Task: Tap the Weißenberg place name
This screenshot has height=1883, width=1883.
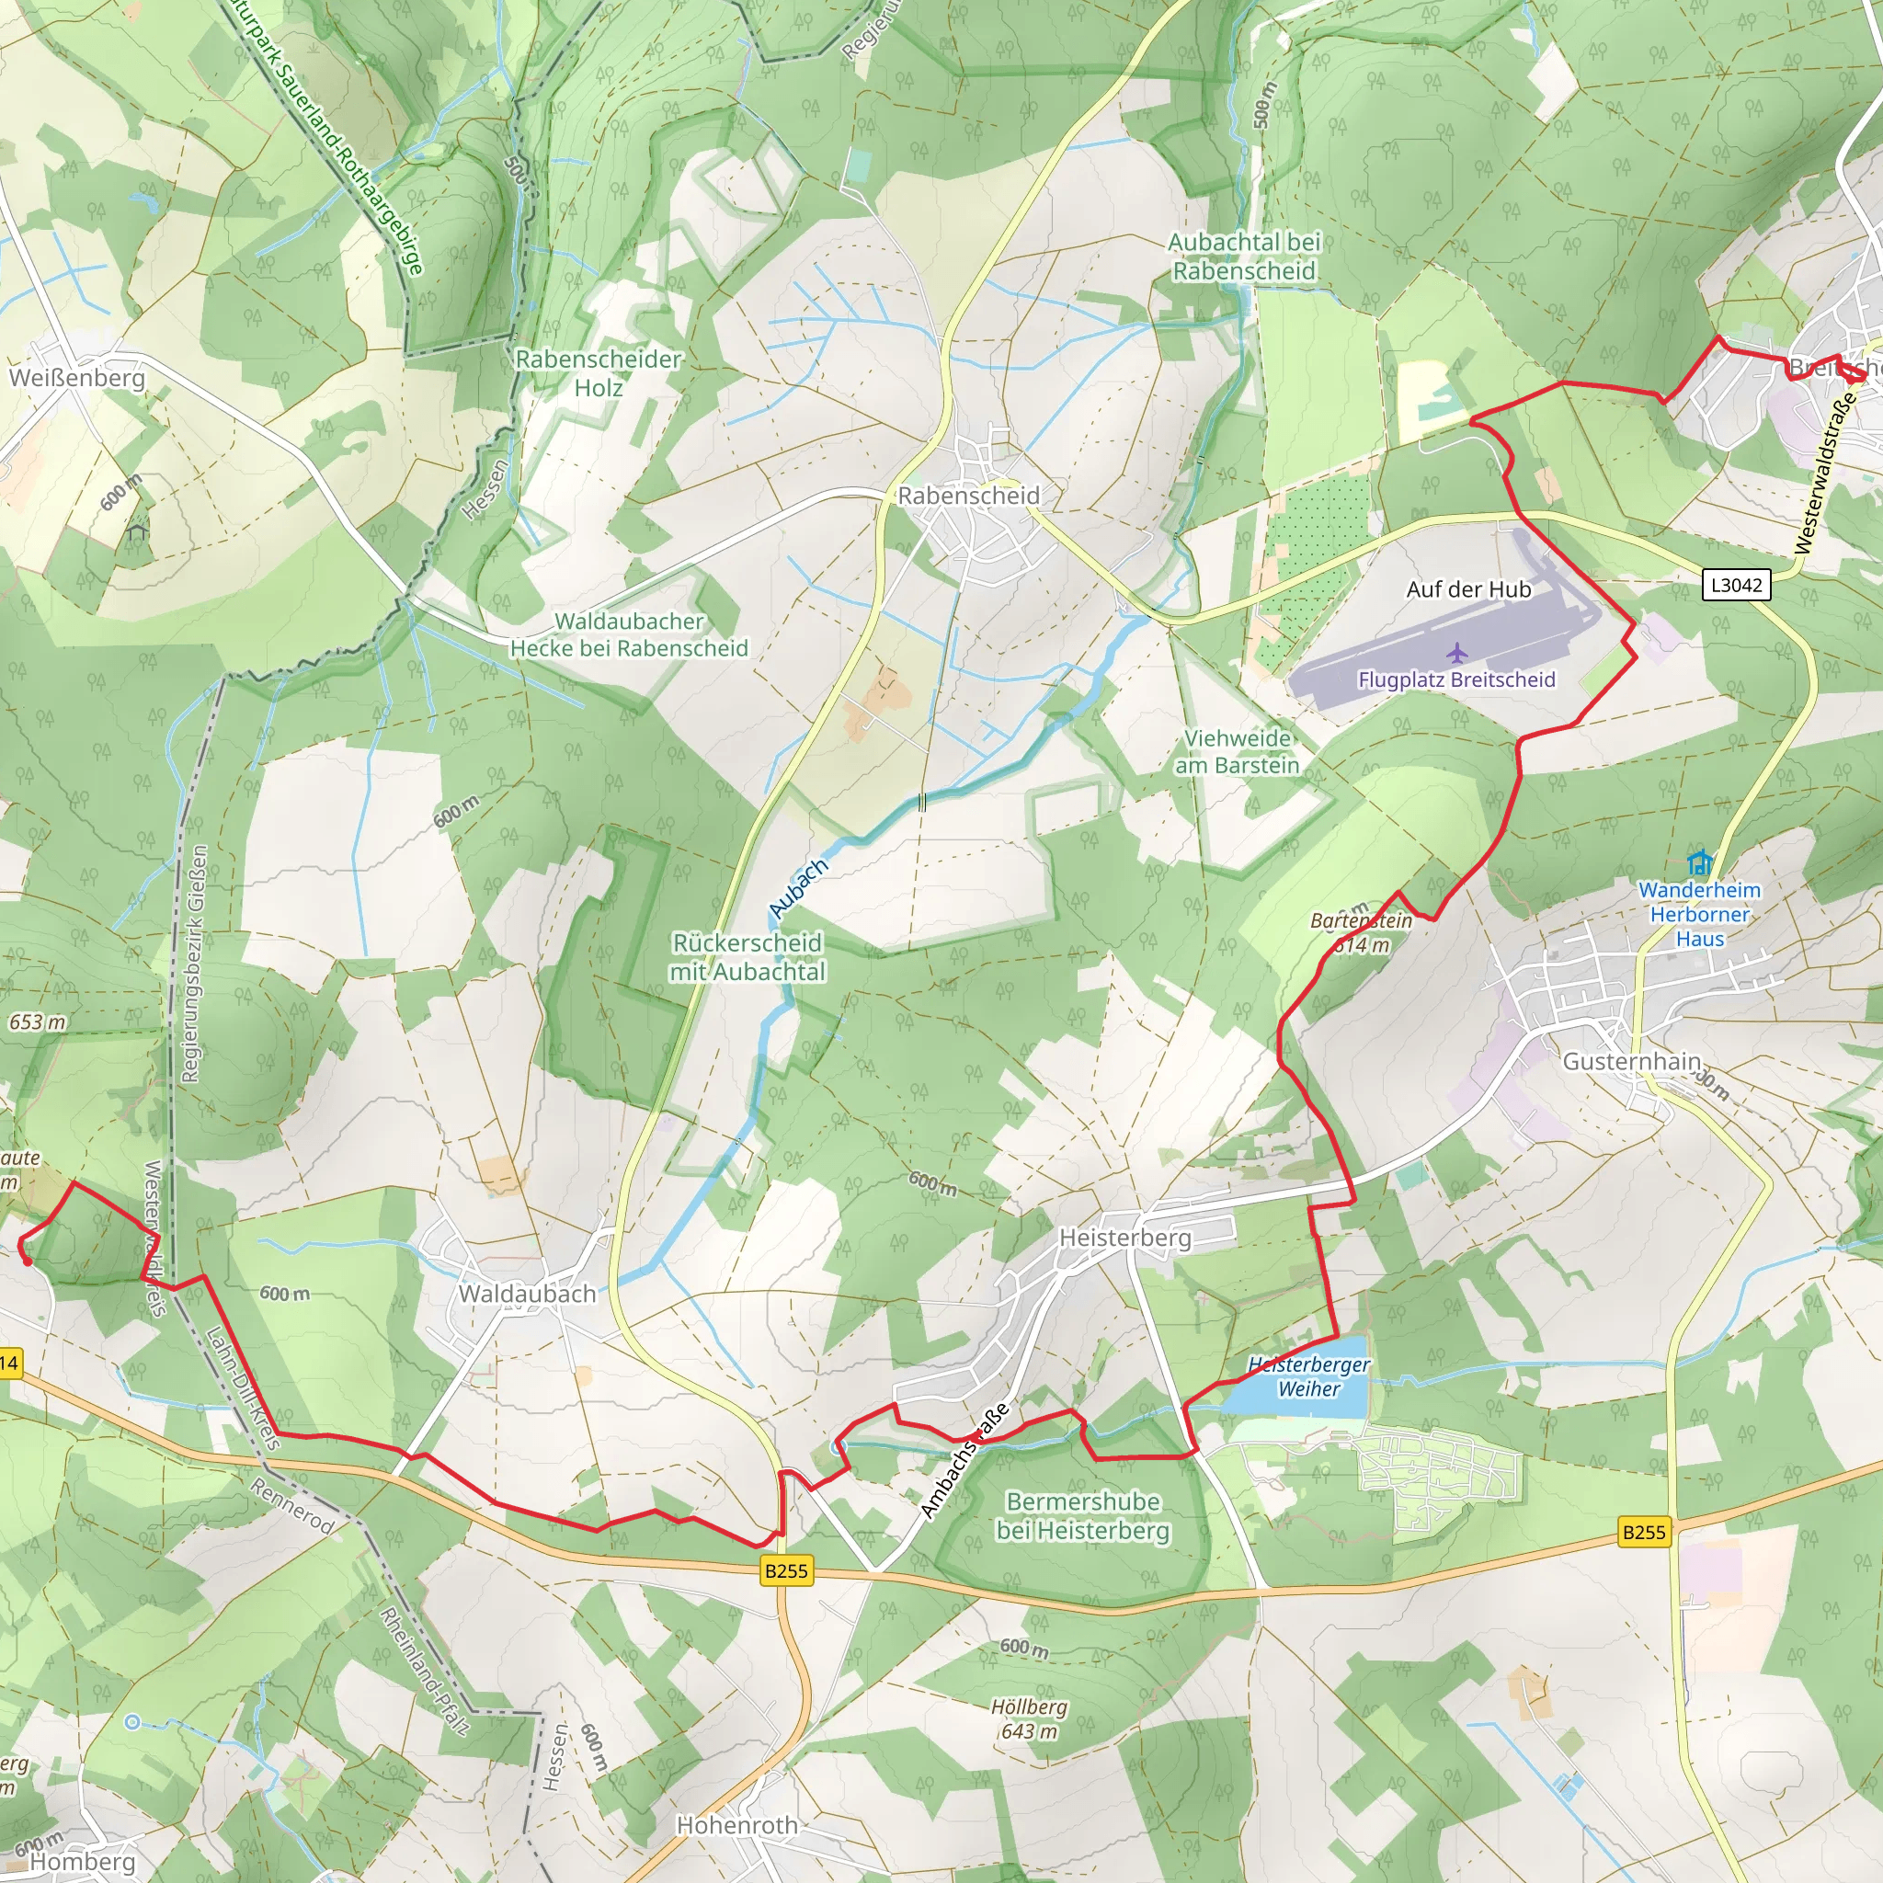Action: (x=76, y=377)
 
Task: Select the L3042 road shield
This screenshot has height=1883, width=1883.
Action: (x=1737, y=585)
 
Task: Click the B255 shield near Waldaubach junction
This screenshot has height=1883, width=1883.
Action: (x=785, y=1570)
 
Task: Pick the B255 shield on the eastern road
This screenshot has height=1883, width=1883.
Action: (x=1643, y=1531)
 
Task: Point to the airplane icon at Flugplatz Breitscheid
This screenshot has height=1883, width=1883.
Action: (x=1456, y=652)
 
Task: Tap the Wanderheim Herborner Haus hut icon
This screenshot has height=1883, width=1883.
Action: (x=1699, y=862)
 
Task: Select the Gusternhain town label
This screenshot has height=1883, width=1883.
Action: (x=1632, y=1061)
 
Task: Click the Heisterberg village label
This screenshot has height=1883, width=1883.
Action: (x=1124, y=1238)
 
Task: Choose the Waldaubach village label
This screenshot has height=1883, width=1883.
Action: (x=526, y=1294)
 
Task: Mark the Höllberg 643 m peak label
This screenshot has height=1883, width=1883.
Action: (x=1028, y=1719)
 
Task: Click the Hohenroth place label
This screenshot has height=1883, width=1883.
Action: (x=736, y=1824)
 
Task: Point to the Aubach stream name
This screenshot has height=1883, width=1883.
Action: (x=798, y=888)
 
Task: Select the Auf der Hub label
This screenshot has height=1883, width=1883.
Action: (x=1467, y=589)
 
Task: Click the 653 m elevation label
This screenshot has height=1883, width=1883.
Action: (x=37, y=1022)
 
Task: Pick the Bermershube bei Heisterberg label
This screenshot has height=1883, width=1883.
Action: (x=1082, y=1515)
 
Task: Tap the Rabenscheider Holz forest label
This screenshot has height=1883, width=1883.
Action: (x=598, y=373)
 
